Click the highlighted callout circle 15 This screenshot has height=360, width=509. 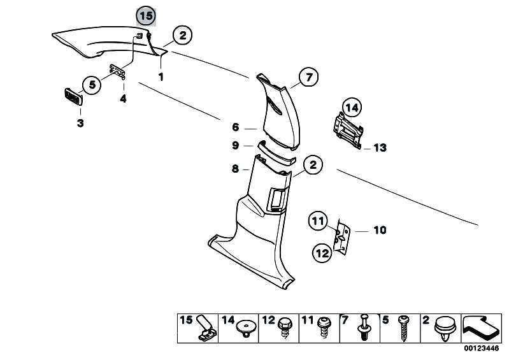[146, 16]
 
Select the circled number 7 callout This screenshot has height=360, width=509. [309, 77]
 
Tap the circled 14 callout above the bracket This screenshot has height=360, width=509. [352, 107]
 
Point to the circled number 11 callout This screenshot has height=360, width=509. [318, 221]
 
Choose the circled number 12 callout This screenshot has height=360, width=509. [322, 253]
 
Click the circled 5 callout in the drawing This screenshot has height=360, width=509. [92, 85]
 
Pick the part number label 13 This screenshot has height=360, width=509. [380, 148]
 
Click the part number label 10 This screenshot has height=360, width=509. [380, 230]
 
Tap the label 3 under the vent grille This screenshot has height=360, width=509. [80, 124]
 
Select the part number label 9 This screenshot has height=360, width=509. [235, 145]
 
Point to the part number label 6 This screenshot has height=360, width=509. [235, 127]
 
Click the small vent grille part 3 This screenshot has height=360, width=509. [74, 97]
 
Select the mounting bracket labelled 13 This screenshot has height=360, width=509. [348, 131]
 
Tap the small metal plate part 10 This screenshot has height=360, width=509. [342, 236]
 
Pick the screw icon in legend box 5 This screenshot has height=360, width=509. [403, 328]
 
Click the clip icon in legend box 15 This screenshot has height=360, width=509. [206, 329]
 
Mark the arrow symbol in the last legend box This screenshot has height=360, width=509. [480, 328]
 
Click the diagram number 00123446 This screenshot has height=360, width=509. [481, 349]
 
